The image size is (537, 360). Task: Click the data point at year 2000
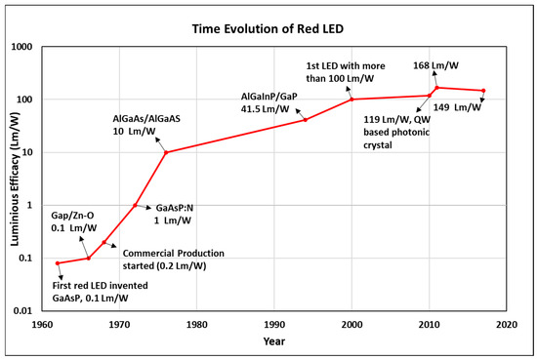tap(351, 100)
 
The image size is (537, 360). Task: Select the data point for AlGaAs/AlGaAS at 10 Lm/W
tap(166, 152)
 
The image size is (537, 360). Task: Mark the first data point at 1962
tap(58, 263)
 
